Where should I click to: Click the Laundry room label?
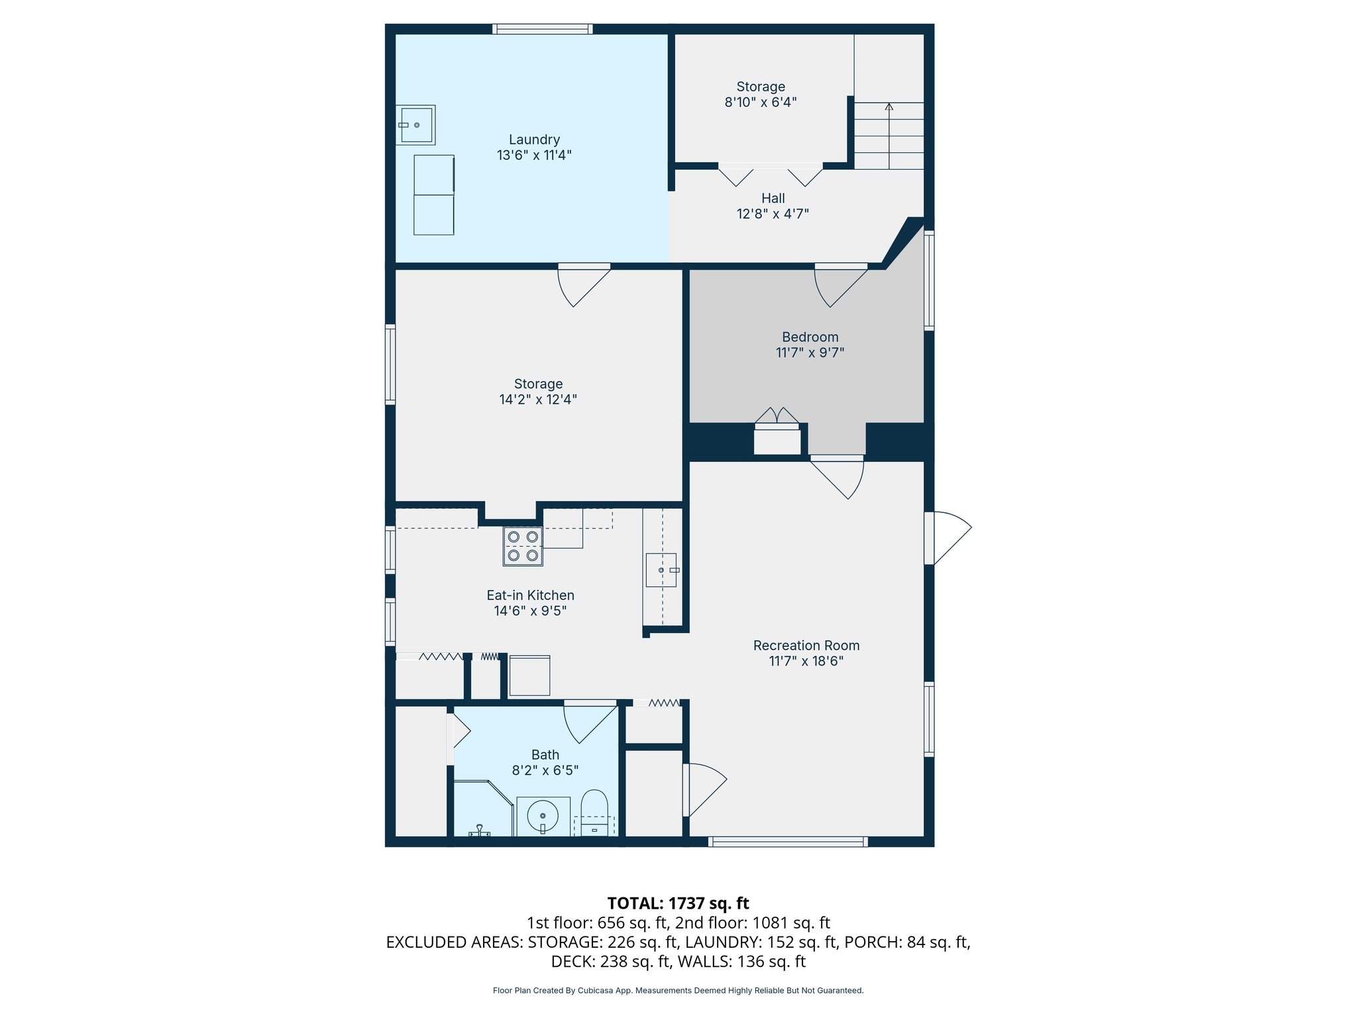click(534, 140)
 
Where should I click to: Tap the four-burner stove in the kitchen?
click(523, 546)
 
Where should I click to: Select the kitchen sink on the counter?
click(661, 570)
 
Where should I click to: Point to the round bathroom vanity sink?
click(543, 817)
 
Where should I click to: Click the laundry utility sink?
click(415, 125)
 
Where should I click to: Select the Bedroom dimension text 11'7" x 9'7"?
click(810, 353)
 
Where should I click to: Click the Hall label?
click(773, 198)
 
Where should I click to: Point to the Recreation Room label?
click(806, 646)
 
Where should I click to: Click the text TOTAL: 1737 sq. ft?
click(678, 903)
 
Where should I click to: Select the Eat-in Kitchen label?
click(530, 595)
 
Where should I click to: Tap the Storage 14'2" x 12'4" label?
click(538, 392)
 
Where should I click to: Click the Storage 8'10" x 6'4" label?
click(760, 94)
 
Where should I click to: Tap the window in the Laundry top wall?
click(542, 29)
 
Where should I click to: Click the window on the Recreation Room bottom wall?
click(787, 842)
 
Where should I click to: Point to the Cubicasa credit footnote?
click(678, 991)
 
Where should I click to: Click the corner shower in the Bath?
click(482, 810)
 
